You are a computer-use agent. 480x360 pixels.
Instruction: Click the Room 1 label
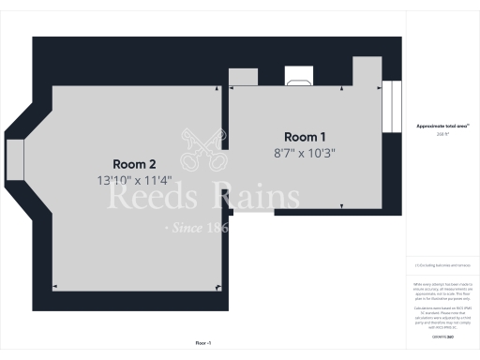pos(305,137)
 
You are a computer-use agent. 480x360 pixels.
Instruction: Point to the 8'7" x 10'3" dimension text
pos(305,152)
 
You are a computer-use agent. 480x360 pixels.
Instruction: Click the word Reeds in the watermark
pos(151,198)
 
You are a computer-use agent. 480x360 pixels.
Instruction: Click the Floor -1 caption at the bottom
pos(203,343)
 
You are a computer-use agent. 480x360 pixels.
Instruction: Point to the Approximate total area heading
pos(442,126)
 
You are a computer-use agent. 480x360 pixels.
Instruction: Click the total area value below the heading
pos(442,134)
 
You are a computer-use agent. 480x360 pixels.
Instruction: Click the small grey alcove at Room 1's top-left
pos(243,77)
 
